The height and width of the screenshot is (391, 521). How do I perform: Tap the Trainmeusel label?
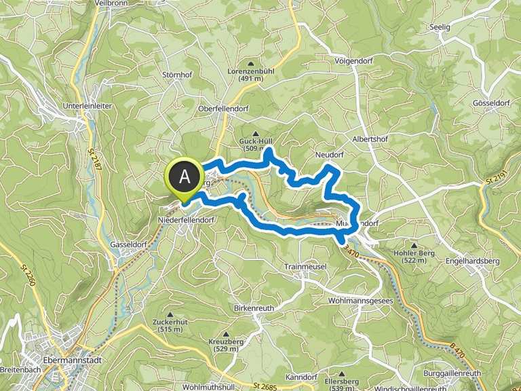tap(306, 266)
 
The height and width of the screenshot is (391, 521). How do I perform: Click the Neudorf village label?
tap(330, 155)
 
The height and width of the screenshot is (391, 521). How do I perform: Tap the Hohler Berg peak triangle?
tap(414, 244)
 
